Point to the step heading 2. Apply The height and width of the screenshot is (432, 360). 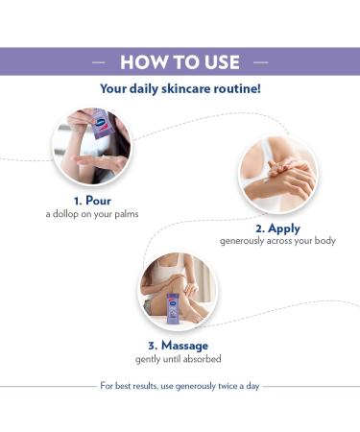pyautogui.click(x=277, y=228)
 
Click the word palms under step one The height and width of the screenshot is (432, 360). pyautogui.click(x=123, y=213)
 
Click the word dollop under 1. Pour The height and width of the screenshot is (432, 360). pyautogui.click(x=66, y=213)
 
